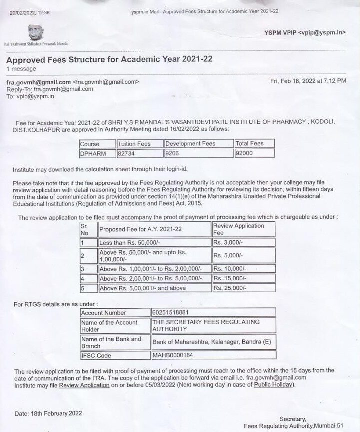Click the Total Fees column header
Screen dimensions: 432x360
click(x=250, y=144)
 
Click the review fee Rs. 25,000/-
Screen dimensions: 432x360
click(x=230, y=288)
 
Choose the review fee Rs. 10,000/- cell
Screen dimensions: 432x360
click(x=230, y=269)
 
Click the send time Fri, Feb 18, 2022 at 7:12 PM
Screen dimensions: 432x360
click(x=307, y=81)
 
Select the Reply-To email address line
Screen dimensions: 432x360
click(x=50, y=89)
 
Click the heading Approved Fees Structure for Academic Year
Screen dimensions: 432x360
click(x=109, y=59)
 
